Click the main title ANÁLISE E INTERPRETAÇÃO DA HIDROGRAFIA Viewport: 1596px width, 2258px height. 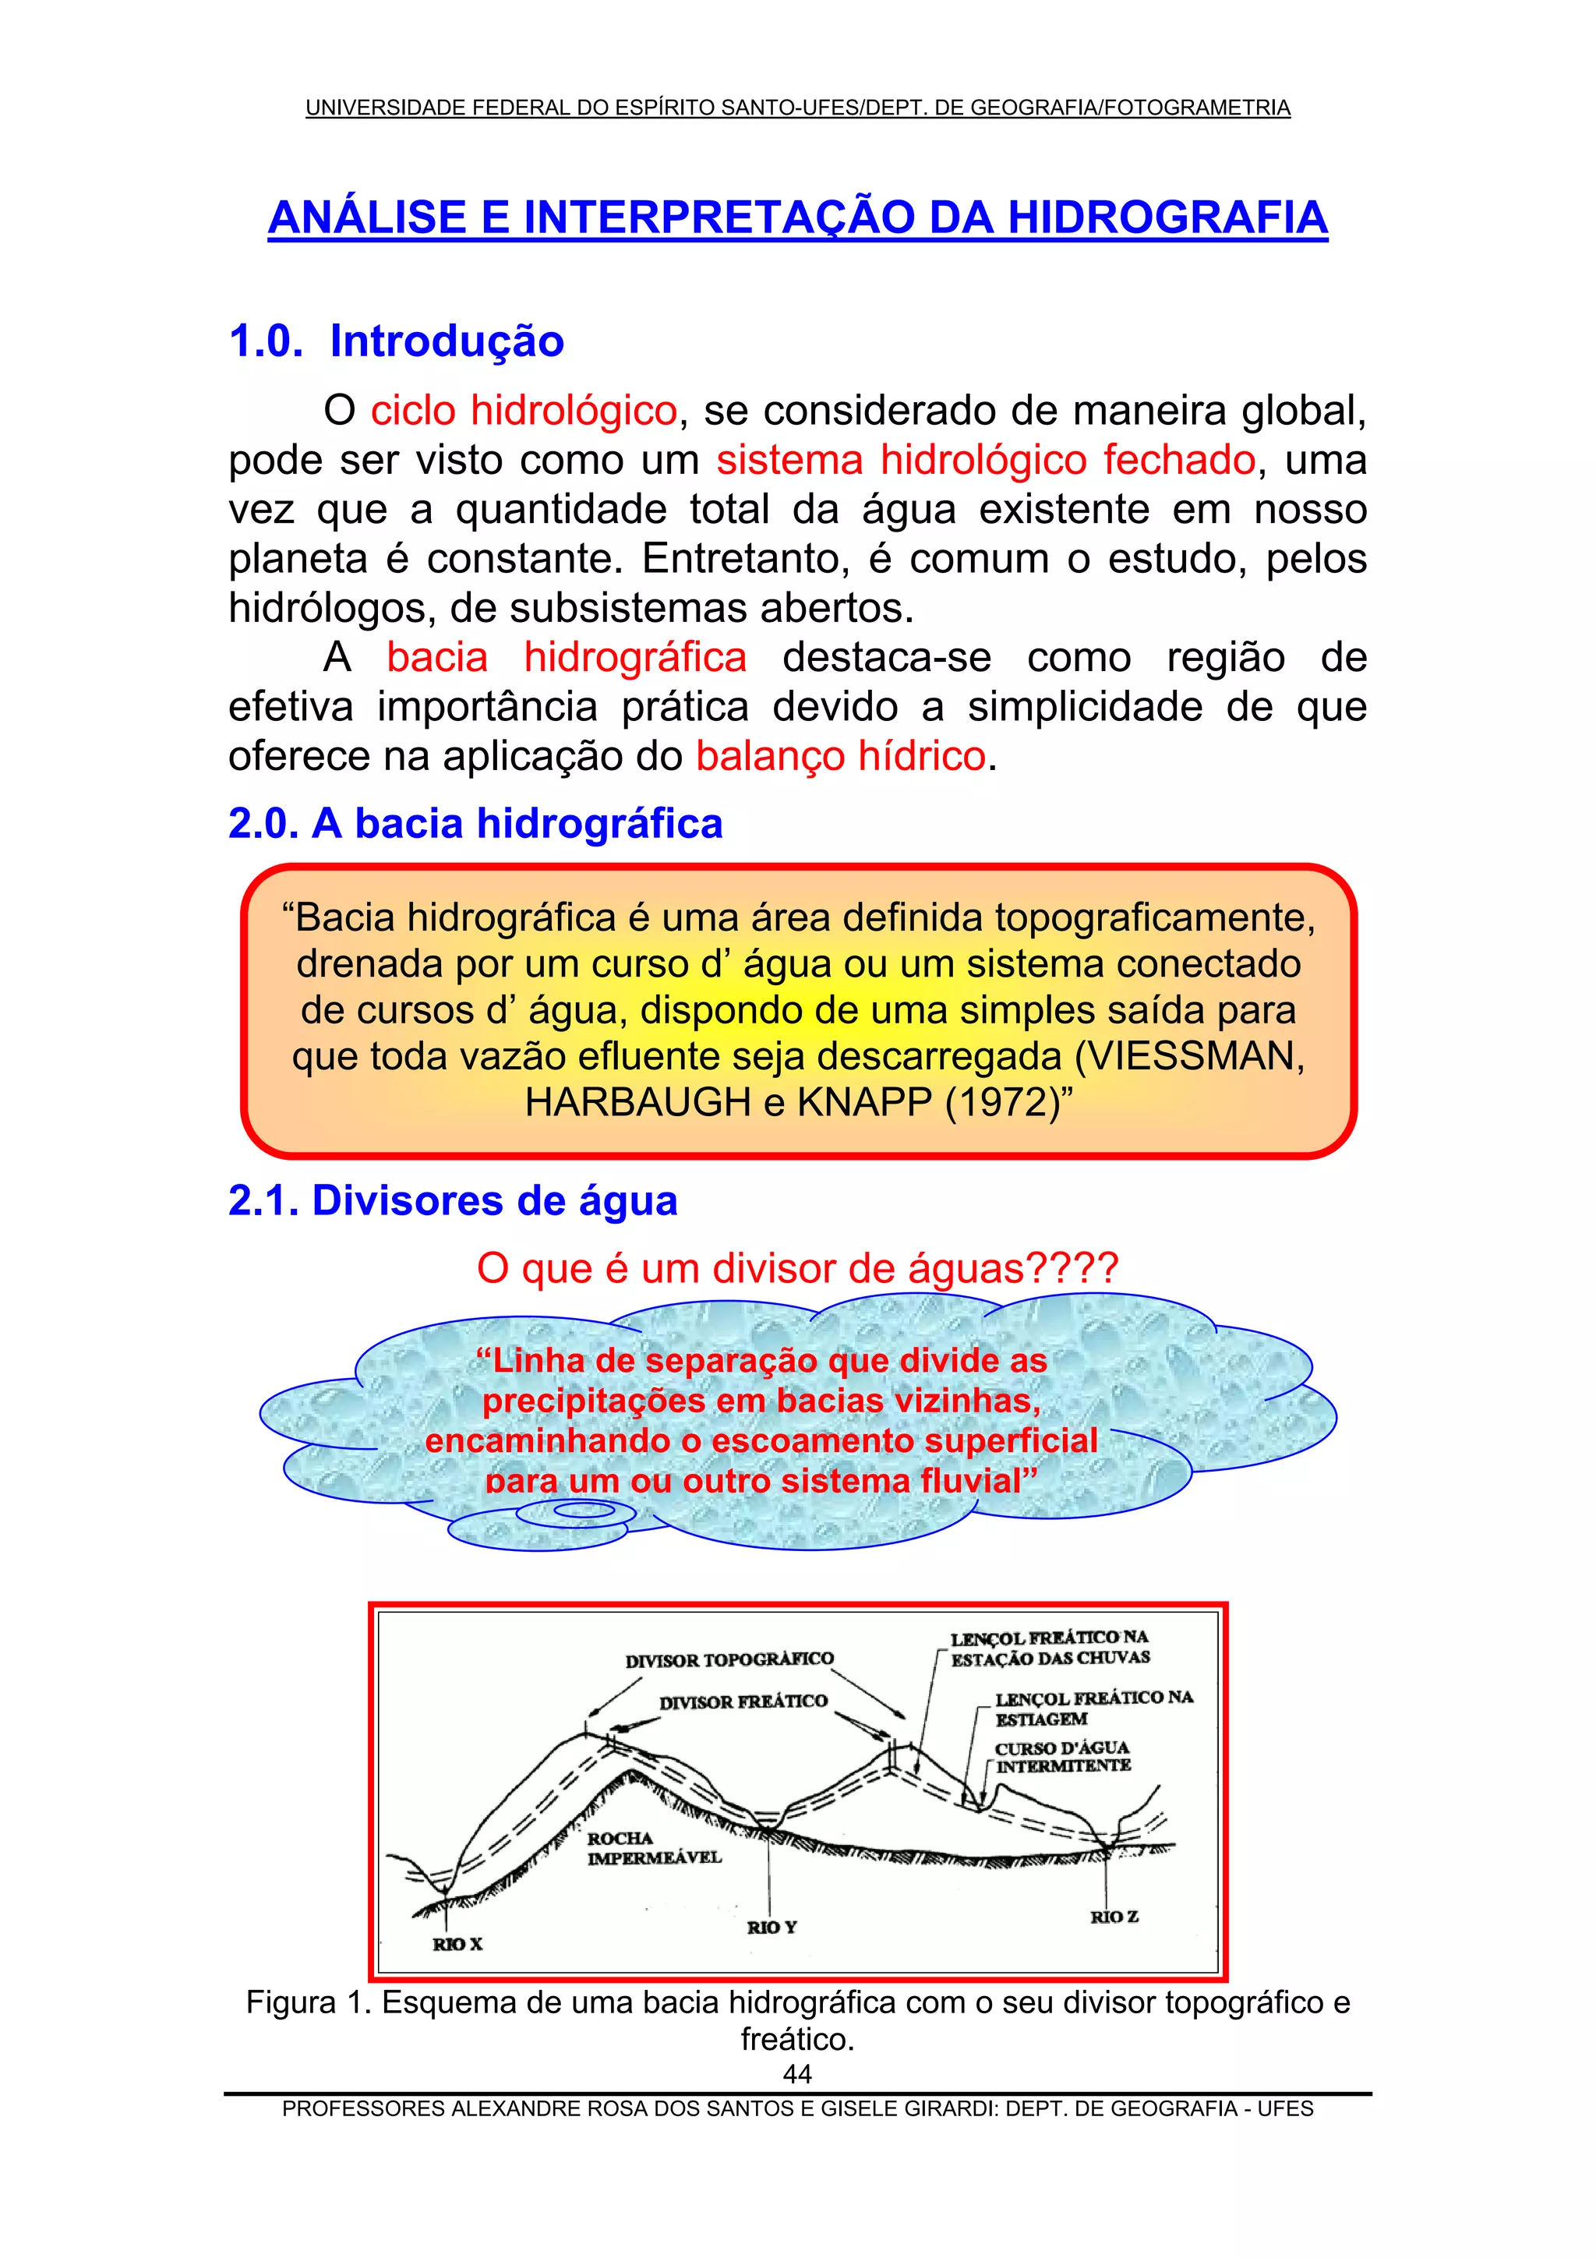797,217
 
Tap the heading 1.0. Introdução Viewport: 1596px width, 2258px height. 397,341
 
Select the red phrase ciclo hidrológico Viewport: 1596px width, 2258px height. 523,410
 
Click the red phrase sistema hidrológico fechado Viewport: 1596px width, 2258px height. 985,459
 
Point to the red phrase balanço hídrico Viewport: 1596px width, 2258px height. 841,755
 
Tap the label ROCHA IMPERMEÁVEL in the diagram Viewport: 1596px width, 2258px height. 654,1848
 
